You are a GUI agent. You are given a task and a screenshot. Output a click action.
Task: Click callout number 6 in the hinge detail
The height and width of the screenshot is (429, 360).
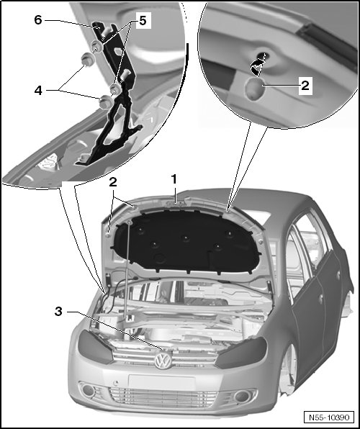pyautogui.click(x=38, y=19)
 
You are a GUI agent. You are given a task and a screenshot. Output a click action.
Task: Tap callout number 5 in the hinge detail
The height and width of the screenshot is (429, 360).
pyautogui.click(x=143, y=20)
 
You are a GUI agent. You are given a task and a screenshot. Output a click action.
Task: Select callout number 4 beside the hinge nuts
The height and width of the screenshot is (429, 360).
pyautogui.click(x=38, y=90)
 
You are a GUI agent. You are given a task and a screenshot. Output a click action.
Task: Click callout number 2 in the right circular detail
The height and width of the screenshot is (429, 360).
pyautogui.click(x=305, y=86)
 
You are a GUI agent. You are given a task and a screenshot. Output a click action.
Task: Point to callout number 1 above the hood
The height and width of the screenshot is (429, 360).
pyautogui.click(x=174, y=179)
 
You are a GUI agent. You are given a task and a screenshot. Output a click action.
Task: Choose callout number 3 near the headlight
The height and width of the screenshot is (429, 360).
pyautogui.click(x=58, y=312)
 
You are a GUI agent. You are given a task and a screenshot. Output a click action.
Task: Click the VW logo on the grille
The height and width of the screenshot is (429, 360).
pyautogui.click(x=163, y=361)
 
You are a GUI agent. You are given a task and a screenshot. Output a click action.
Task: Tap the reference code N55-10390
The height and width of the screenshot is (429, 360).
pyautogui.click(x=329, y=417)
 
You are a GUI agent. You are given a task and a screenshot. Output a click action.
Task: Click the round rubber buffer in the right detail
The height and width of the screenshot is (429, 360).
pyautogui.click(x=254, y=89)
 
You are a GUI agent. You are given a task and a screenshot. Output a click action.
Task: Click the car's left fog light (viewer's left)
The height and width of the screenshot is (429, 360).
pyautogui.click(x=89, y=390)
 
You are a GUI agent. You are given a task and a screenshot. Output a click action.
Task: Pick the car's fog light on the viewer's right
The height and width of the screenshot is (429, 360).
pyautogui.click(x=242, y=396)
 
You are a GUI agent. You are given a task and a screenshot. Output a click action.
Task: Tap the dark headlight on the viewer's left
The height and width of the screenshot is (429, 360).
pyautogui.click(x=95, y=346)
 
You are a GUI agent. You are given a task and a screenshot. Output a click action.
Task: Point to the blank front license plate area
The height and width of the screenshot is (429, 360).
pyautogui.click(x=162, y=382)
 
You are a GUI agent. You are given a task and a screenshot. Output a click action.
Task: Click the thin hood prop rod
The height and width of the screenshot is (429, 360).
pyautogui.click(x=127, y=270)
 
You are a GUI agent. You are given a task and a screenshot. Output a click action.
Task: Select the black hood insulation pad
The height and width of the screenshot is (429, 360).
pyautogui.click(x=186, y=243)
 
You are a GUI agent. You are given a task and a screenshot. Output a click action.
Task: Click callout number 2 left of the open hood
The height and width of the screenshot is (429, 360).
pyautogui.click(x=113, y=182)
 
